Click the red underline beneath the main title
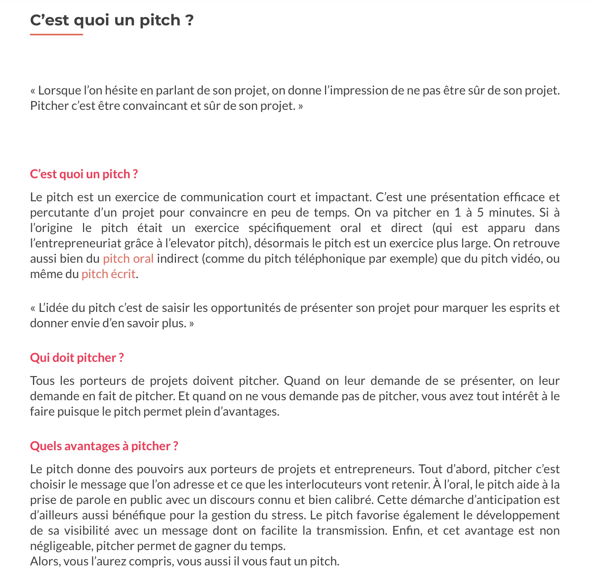click(56, 35)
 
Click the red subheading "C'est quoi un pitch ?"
click(84, 174)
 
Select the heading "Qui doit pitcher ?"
click(77, 358)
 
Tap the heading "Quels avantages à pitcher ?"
click(104, 446)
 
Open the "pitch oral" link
click(128, 259)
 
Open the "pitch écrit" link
click(108, 274)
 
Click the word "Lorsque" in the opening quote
click(60, 91)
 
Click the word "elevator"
click(196, 243)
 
